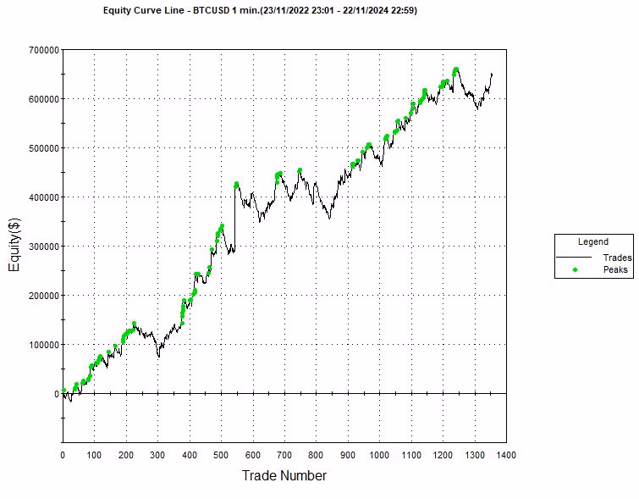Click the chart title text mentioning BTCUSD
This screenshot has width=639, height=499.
click(259, 10)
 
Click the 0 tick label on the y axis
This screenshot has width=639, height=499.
click(55, 394)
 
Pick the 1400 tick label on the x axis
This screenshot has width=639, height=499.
click(506, 455)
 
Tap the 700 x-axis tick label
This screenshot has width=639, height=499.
click(284, 455)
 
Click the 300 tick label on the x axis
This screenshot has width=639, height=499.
click(157, 455)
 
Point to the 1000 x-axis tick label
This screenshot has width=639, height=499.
click(379, 455)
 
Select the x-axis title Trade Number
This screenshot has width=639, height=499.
click(284, 475)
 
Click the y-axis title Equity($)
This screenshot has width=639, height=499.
click(14, 247)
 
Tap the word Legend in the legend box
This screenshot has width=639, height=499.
click(592, 242)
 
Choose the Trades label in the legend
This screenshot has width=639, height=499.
click(617, 258)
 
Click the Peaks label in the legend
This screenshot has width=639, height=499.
click(615, 269)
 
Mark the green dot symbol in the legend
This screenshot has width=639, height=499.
click(575, 269)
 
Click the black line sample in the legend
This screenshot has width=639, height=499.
click(575, 258)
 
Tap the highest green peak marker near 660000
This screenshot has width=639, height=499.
click(456, 69)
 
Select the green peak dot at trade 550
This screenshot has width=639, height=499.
click(236, 184)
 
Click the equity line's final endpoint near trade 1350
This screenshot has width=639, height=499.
click(492, 74)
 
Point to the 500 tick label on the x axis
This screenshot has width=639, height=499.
click(221, 455)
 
